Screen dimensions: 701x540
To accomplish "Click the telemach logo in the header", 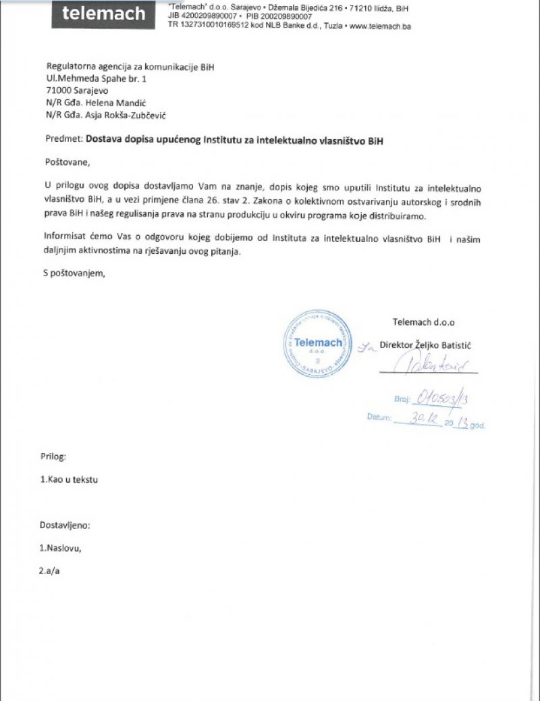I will pyautogui.click(x=103, y=14).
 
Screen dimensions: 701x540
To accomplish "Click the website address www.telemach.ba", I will pyautogui.click(x=381, y=26).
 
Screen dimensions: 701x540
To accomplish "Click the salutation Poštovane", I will pyautogui.click(x=67, y=162).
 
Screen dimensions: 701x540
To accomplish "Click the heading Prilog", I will pyautogui.click(x=53, y=457).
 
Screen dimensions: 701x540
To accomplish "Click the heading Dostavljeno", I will pyautogui.click(x=65, y=525).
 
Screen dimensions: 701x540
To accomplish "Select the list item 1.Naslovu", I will pyautogui.click(x=60, y=548).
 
